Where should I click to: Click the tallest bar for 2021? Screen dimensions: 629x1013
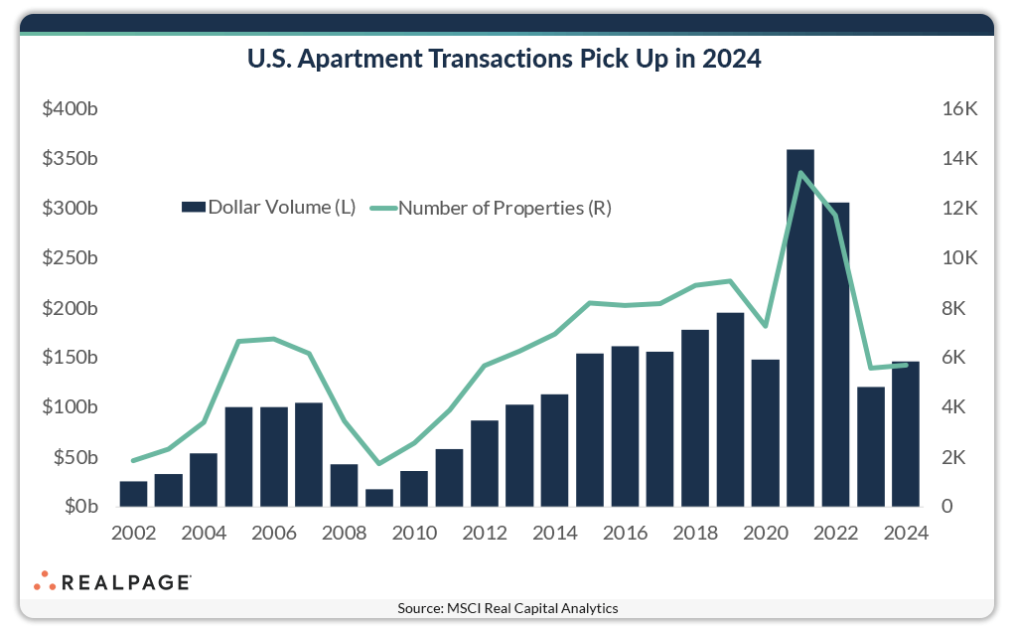(800, 328)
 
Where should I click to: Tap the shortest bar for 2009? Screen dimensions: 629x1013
(378, 498)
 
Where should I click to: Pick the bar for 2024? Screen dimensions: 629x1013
(906, 434)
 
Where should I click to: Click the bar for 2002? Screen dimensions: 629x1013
(133, 494)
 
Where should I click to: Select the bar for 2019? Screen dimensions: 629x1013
(730, 409)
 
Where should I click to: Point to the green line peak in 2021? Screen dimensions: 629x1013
(800, 173)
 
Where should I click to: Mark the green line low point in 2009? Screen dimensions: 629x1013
(378, 463)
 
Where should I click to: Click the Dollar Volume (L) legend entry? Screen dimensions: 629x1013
(268, 208)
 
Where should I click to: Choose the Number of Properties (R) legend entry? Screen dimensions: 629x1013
(493, 208)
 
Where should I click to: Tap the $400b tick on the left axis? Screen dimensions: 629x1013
(70, 109)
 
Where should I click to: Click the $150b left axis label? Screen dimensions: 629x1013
(70, 358)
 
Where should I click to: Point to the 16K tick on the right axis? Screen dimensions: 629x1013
(959, 109)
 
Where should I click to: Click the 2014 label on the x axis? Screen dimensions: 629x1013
(554, 533)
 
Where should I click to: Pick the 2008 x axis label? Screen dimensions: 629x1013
(344, 533)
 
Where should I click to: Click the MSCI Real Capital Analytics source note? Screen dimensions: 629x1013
(506, 607)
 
